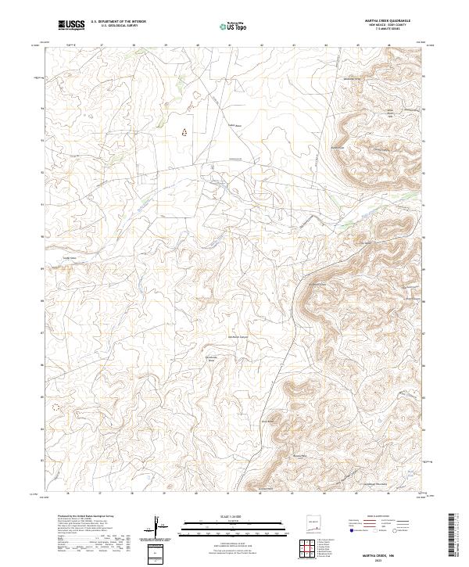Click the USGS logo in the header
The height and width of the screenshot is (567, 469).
[70, 26]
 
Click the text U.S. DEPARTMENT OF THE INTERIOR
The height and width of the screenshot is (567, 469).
[118, 22]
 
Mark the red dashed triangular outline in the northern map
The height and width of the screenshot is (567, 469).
[185, 132]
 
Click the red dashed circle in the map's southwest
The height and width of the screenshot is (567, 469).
[55, 407]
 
